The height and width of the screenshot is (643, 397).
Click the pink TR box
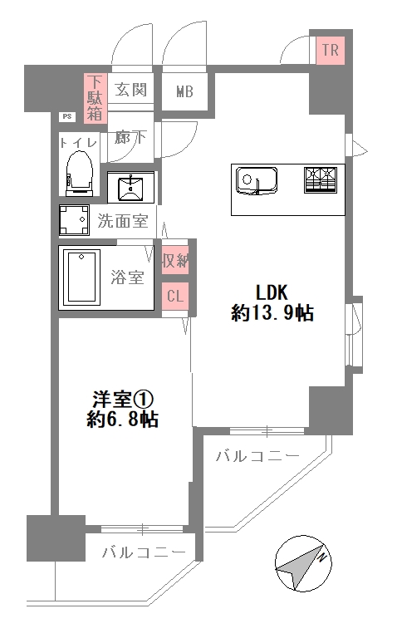tap(330, 51)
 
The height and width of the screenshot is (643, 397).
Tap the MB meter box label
tap(184, 91)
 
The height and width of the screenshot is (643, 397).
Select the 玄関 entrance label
tap(130, 89)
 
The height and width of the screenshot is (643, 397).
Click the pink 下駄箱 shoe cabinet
tap(96, 98)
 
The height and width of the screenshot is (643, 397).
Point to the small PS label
tap(66, 117)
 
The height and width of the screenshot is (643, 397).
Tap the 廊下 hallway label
tap(130, 137)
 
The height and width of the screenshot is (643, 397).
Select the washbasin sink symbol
tap(131, 188)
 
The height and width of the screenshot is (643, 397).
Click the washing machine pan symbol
tap(74, 220)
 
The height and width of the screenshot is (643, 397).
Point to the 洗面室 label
tap(123, 222)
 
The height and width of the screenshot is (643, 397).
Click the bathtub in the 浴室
tap(81, 277)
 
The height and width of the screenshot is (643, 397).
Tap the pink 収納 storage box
tap(175, 260)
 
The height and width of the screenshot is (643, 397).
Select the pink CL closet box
tap(175, 296)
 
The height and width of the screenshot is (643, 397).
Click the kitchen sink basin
tap(257, 180)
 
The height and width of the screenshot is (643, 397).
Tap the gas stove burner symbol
tap(321, 179)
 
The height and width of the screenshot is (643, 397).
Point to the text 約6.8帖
tap(123, 420)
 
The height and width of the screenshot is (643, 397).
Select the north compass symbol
tap(303, 563)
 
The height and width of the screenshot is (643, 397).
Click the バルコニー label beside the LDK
tap(257, 455)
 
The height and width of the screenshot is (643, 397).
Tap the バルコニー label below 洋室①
tap(144, 552)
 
